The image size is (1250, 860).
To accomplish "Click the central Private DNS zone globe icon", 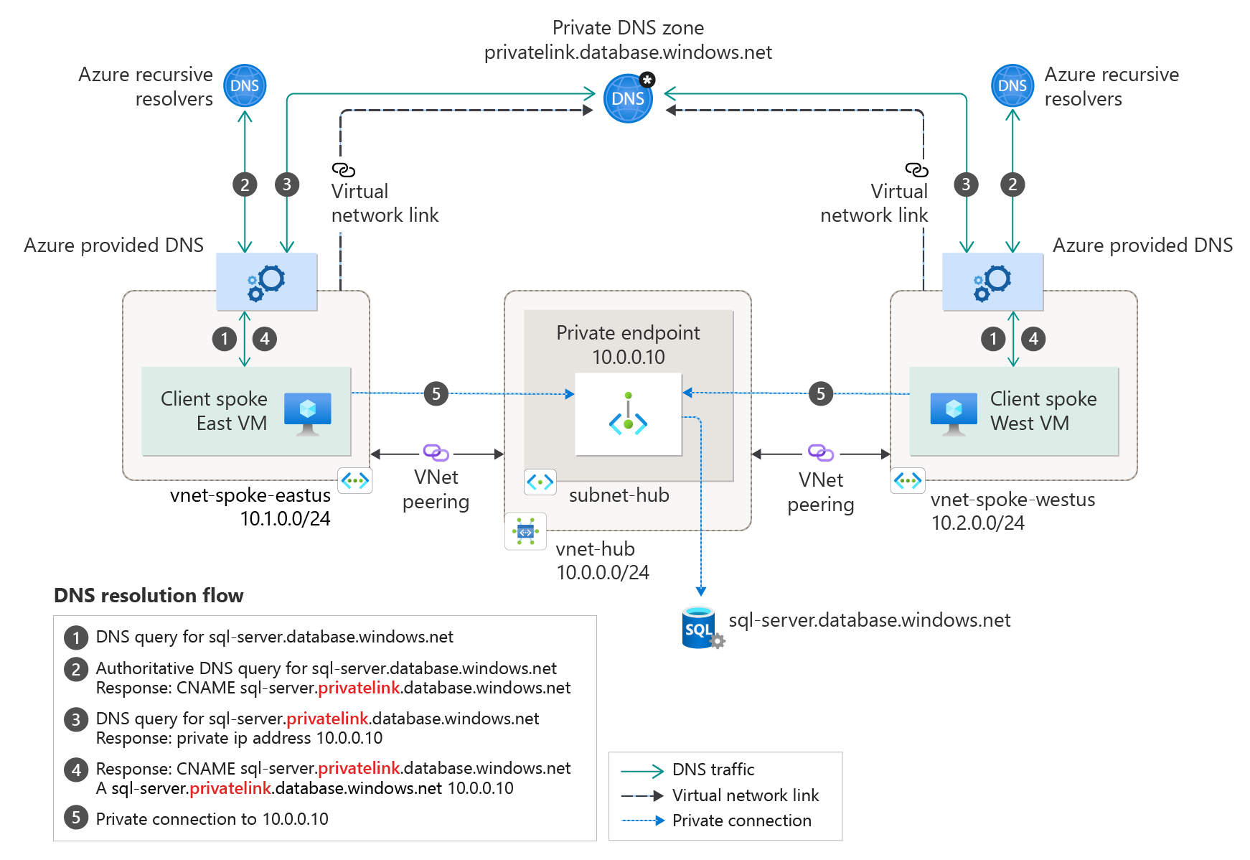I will [628, 98].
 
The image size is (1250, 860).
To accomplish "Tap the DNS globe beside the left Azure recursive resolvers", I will [245, 86].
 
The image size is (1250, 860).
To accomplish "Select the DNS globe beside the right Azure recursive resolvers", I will [1012, 86].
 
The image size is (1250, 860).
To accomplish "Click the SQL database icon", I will [699, 628].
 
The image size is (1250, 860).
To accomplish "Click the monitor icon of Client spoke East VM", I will [307, 413].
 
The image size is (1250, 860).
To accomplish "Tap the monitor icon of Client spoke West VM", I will [953, 413].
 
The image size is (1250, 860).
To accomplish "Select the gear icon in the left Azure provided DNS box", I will [267, 281].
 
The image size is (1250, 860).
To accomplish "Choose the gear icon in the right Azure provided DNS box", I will [992, 281].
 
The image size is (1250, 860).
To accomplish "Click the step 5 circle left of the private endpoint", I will [436, 393].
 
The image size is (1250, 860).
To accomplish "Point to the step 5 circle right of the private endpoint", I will [821, 393].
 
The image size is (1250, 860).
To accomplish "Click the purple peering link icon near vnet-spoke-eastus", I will [436, 452].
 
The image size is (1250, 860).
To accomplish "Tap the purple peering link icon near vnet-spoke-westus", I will [820, 452].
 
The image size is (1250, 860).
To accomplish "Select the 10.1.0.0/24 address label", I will [285, 519].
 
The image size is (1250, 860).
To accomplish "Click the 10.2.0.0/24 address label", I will [977, 523].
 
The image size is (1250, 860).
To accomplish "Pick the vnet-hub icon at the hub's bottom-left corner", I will [525, 531].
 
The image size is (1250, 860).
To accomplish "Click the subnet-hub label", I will [619, 495].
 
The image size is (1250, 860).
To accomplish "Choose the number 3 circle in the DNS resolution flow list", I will [76, 719].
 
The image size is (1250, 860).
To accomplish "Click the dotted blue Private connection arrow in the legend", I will [643, 821].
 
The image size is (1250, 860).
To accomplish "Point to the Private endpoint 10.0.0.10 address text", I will [628, 357].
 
